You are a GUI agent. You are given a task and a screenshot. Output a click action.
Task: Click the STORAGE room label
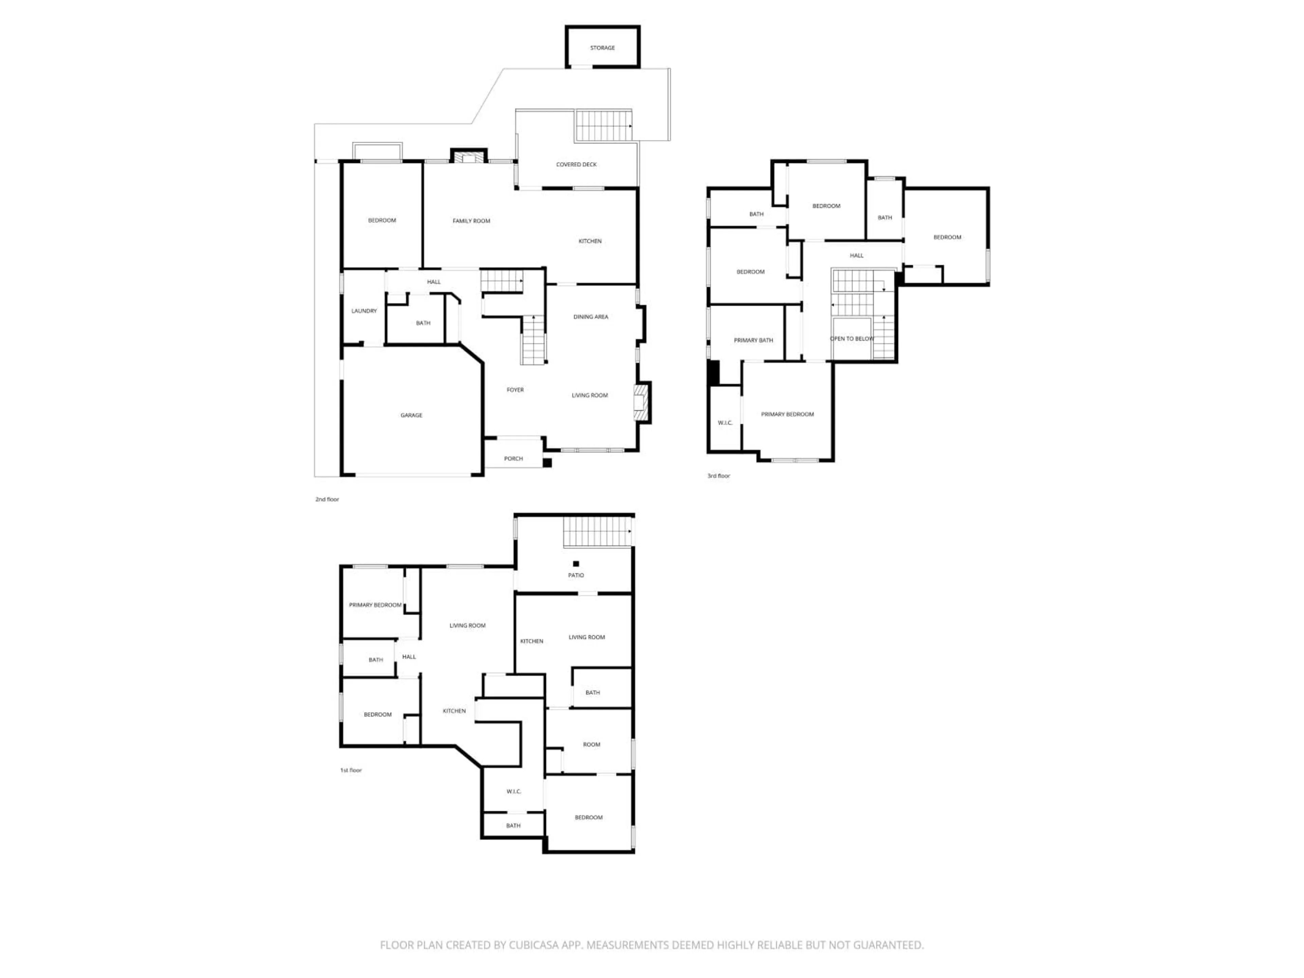tap(602, 48)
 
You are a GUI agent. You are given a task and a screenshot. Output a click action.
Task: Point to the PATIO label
tap(576, 575)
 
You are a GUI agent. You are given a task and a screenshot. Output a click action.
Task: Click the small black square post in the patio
tap(576, 564)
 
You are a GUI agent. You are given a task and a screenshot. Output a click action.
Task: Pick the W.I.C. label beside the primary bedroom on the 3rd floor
tap(725, 423)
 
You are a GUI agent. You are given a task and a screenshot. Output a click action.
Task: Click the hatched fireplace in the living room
tap(641, 403)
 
